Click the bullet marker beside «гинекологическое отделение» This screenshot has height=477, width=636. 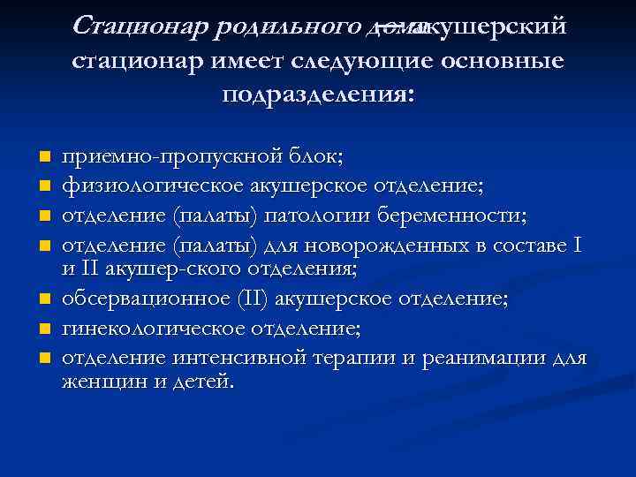click(x=41, y=329)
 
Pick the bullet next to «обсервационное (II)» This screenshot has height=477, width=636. click(x=41, y=300)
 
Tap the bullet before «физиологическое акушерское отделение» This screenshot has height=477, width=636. click(x=41, y=186)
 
